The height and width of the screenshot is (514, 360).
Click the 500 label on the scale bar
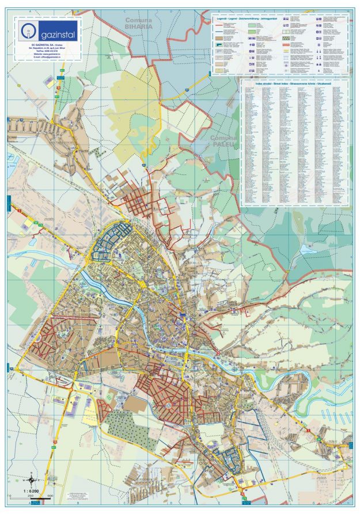click(50, 495)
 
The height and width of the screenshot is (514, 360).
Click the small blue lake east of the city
click(305, 249)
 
